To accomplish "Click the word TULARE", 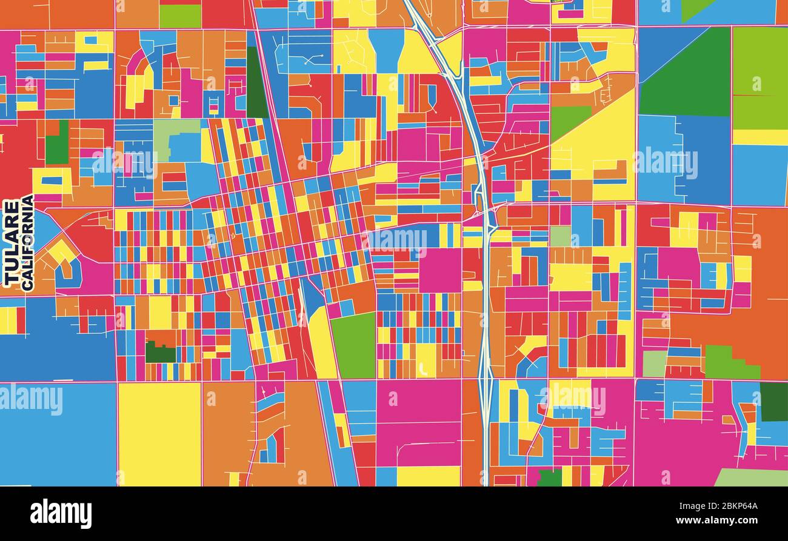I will click(x=11, y=244).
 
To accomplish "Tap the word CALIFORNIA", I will click(x=27, y=244).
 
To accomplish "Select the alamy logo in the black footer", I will click(x=61, y=514).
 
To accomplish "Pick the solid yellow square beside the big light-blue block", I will click(x=159, y=434).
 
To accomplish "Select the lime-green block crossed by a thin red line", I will click(x=760, y=79).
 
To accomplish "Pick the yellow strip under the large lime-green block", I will click(x=760, y=137).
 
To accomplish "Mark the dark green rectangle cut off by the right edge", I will click(x=774, y=402).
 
